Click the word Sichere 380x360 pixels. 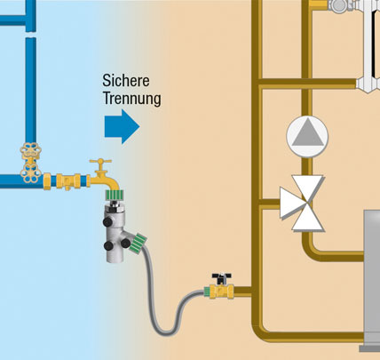[126, 81]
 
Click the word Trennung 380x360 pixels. [132, 99]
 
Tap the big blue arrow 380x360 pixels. [122, 126]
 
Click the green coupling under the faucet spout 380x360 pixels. [115, 195]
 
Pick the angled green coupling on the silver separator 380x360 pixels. [138, 244]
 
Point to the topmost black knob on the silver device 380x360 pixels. [107, 221]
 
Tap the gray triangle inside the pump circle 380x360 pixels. [307, 132]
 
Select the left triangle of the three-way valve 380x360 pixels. [290, 203]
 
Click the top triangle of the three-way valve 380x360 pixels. [308, 187]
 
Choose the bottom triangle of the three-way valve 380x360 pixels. [308, 219]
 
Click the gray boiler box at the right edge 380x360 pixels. [372, 280]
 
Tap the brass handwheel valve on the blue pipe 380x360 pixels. [30, 163]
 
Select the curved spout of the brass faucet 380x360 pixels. [108, 182]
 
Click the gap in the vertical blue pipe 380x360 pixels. [31, 35]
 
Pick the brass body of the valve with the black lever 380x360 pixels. [221, 292]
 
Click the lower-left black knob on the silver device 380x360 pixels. [108, 245]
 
